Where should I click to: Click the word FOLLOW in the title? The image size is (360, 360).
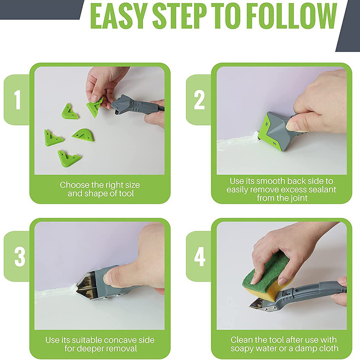point(292,16)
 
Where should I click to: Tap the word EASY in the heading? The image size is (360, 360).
point(119,16)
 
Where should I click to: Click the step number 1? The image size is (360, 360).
point(18,99)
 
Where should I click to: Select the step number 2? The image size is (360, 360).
point(199,99)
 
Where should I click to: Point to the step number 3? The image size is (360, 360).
point(20,256)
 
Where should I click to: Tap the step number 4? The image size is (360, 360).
point(200,256)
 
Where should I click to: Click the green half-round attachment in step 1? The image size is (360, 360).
point(83,135)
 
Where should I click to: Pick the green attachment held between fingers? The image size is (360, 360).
point(95,106)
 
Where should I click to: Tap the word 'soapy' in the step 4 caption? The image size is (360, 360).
point(243,348)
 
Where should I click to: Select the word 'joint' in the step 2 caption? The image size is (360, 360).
point(298,198)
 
